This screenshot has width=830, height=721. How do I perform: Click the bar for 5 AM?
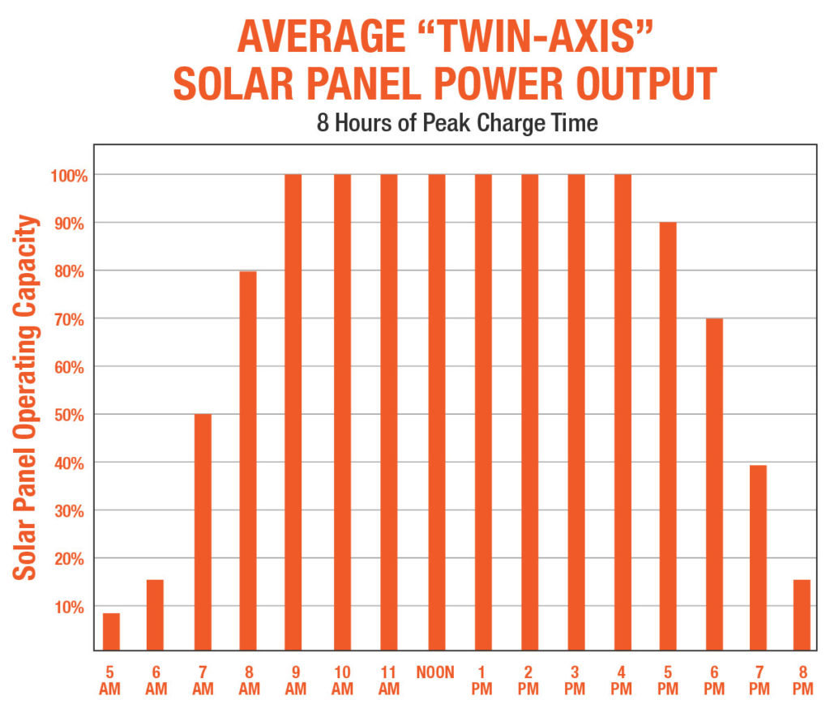111,632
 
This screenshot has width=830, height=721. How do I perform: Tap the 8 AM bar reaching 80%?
248,460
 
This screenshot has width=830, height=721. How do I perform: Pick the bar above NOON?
436,412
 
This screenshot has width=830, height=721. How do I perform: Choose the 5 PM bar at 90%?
668,437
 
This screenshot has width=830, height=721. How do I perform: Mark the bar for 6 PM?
714,484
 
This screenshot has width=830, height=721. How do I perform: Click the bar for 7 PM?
758,557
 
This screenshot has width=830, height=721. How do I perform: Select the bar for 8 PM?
802,615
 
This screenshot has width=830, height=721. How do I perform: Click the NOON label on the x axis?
436,672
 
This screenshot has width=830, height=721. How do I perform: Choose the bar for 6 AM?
155,615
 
